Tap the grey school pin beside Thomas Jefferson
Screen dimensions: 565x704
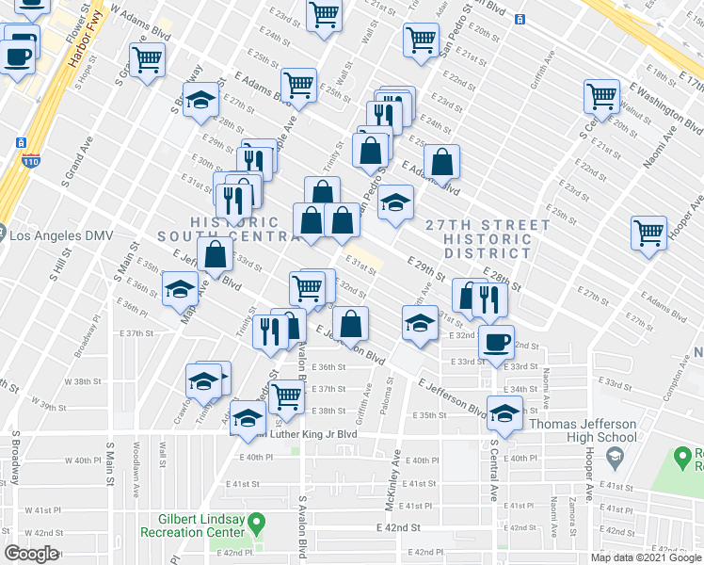616,457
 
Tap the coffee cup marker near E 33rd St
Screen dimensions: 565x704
496,341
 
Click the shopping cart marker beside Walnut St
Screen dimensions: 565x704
600,95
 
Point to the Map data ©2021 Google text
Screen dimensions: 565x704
645,557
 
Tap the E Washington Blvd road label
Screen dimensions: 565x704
667,108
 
